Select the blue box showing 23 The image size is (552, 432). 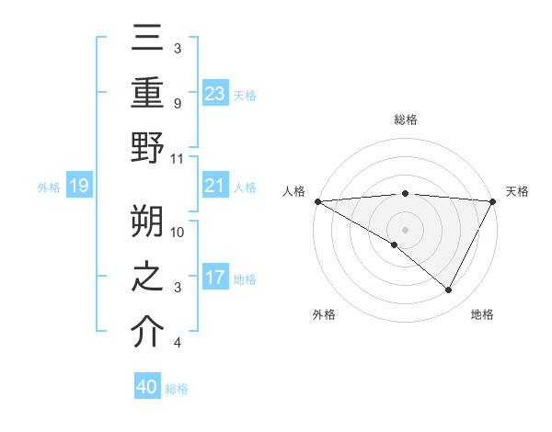215,94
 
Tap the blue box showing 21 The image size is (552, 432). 215,187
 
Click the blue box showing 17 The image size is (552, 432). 215,278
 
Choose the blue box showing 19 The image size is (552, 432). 78,187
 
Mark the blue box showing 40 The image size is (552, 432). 147,387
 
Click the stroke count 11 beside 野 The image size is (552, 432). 178,159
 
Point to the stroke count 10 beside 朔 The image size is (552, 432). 178,233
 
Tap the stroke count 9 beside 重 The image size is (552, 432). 177,103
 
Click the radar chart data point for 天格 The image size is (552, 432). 494,201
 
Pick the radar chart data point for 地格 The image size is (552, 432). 449,290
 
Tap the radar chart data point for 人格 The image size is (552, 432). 317,201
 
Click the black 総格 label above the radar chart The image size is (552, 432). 406,119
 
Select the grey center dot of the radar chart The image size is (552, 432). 406,229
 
